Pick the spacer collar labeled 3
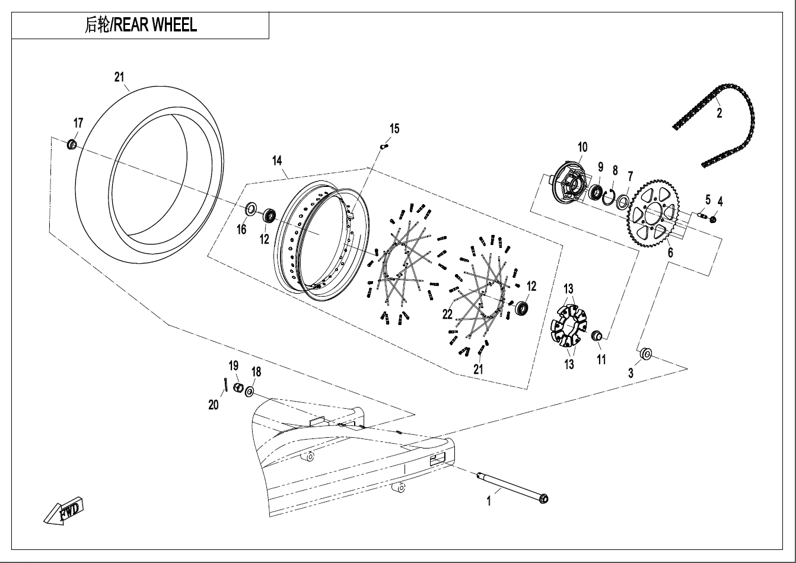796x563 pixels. (x=646, y=355)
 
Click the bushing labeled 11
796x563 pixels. (x=597, y=337)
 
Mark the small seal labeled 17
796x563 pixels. (x=72, y=144)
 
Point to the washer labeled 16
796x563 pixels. (x=251, y=209)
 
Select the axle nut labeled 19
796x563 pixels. (x=237, y=388)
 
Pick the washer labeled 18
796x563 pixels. (x=250, y=392)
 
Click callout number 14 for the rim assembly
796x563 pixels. (x=277, y=160)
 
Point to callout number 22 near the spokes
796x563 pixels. (x=447, y=314)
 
